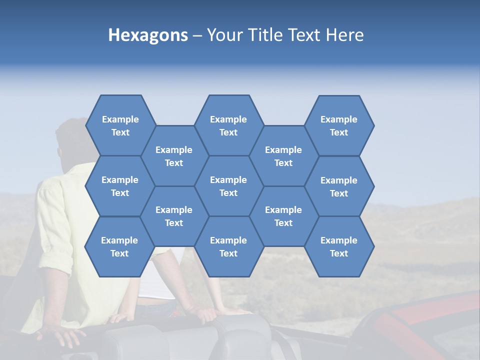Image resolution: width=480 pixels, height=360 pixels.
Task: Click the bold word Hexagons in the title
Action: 148,35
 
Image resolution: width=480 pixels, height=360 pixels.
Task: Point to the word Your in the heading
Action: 224,35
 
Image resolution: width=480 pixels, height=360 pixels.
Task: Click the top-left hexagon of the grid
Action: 120,125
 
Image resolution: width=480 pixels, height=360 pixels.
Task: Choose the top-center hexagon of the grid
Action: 228,125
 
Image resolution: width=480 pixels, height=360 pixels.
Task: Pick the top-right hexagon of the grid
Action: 339,125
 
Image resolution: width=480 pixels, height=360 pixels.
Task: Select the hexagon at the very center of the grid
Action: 228,186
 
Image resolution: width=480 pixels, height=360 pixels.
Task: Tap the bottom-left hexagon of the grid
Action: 119,246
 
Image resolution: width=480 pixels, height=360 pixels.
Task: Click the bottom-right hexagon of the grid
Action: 339,246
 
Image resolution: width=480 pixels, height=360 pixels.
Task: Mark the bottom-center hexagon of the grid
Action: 228,246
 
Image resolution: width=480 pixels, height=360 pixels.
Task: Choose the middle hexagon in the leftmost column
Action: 120,186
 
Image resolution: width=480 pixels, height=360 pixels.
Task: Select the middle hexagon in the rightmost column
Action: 339,186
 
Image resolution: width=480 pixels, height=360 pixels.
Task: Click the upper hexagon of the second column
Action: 174,156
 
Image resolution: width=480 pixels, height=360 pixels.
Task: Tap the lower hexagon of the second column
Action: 174,216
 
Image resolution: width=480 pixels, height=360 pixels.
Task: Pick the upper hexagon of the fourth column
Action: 283,156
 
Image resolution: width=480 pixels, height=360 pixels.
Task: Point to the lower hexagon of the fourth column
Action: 283,216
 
